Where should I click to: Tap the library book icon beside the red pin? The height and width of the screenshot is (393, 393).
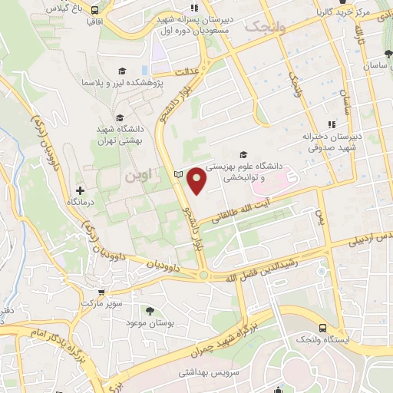180,176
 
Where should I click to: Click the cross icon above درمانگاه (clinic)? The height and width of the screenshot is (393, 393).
80,190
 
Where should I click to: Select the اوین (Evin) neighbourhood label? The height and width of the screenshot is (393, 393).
138,176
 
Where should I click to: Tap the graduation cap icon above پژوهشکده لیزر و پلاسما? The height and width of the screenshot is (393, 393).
120,71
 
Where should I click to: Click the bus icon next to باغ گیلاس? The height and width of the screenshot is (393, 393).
94,11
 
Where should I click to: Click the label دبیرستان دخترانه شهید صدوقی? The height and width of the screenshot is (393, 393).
331,143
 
